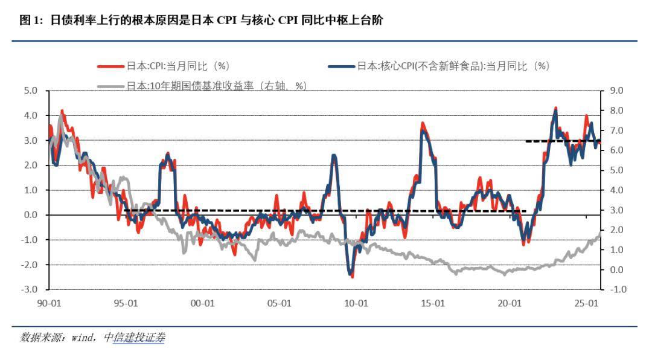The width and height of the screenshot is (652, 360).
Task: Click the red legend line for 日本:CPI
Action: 110,66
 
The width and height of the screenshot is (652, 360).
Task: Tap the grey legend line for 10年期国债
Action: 110,86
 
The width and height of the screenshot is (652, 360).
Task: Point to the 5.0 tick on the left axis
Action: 30,91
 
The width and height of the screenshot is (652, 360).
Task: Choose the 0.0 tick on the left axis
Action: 30,215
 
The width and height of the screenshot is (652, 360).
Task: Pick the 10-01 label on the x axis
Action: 356,304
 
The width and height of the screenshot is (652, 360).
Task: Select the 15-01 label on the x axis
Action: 433,304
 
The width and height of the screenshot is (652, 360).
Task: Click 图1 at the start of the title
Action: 30,21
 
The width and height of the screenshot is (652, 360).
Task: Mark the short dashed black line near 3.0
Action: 563,141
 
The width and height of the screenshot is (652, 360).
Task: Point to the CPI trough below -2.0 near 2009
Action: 352,275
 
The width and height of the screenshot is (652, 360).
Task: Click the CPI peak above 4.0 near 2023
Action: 555,109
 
